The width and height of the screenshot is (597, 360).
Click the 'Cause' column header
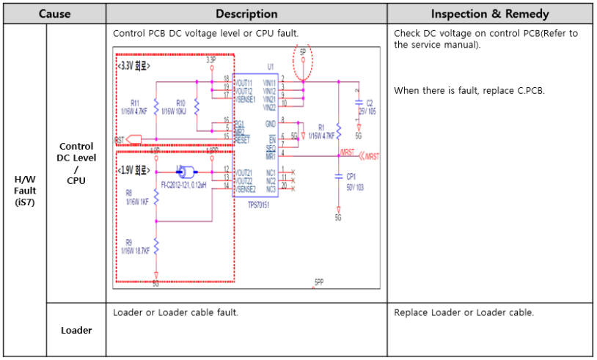coord(54,14)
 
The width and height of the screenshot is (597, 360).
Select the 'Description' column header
coord(246,14)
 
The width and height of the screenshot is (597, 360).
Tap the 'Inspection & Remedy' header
coord(489,14)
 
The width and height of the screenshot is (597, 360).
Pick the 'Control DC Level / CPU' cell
coord(76,163)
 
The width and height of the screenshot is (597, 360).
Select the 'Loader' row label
coord(76,330)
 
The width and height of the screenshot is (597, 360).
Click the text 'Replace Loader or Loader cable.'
coord(464,313)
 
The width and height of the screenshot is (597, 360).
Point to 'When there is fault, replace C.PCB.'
coord(469,91)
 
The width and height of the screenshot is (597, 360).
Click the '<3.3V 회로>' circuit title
coord(133,66)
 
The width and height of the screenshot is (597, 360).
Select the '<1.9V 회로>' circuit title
coord(133,171)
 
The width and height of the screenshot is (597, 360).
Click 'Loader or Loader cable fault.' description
coord(175,313)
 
